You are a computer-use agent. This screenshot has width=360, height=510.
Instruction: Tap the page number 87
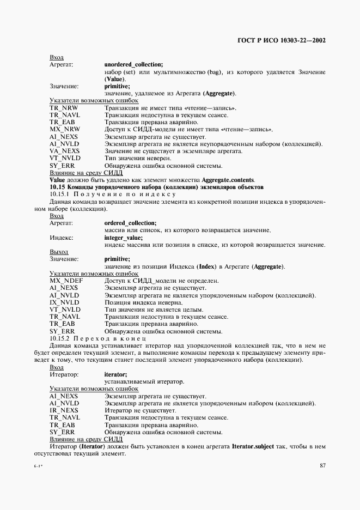pos(322,465)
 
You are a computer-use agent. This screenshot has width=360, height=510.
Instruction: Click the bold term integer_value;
pos(123,238)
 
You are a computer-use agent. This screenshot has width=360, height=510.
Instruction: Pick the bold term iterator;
pos(115,375)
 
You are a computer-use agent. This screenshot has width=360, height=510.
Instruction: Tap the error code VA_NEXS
pos(64,150)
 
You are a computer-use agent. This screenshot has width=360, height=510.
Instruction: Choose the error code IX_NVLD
pos(64,302)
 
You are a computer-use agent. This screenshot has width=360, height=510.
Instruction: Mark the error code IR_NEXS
pos(64,410)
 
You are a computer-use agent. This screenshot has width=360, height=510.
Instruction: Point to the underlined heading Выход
pos(59,252)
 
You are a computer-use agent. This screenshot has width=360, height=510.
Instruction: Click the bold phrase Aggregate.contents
pos(224,180)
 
